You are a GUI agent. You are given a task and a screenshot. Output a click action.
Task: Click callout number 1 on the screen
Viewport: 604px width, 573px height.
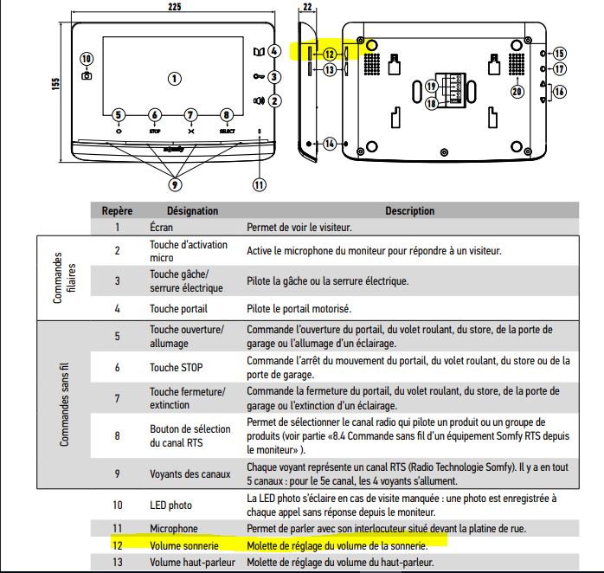pyautogui.click(x=175, y=78)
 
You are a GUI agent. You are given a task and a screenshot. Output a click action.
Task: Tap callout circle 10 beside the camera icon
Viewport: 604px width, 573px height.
pyautogui.click(x=87, y=59)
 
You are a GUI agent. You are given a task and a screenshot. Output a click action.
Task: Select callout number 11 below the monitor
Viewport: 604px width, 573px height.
pyautogui.click(x=259, y=183)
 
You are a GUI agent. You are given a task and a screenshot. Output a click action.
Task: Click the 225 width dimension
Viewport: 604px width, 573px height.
pyautogui.click(x=175, y=7)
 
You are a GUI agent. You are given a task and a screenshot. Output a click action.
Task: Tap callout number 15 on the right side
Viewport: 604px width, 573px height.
pyautogui.click(x=559, y=53)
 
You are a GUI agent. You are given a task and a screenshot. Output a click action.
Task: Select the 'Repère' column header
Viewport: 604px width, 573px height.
pyautogui.click(x=117, y=210)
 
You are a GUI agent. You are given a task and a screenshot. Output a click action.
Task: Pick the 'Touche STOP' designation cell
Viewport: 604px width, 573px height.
pyautogui.click(x=177, y=367)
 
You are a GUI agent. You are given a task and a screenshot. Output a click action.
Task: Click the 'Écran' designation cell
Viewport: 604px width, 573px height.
pyautogui.click(x=161, y=228)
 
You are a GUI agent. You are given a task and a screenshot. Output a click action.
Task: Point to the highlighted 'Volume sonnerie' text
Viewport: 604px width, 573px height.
pyautogui.click(x=183, y=545)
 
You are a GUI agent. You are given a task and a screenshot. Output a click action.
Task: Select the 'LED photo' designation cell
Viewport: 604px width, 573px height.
pyautogui.click(x=170, y=505)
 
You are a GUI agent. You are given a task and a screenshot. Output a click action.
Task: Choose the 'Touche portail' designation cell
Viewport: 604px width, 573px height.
pyautogui.click(x=178, y=308)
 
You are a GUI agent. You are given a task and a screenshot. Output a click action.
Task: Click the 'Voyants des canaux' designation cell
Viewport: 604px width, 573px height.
pyautogui.click(x=190, y=473)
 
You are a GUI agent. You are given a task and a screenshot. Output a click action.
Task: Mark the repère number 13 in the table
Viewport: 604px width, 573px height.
pyautogui.click(x=117, y=563)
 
